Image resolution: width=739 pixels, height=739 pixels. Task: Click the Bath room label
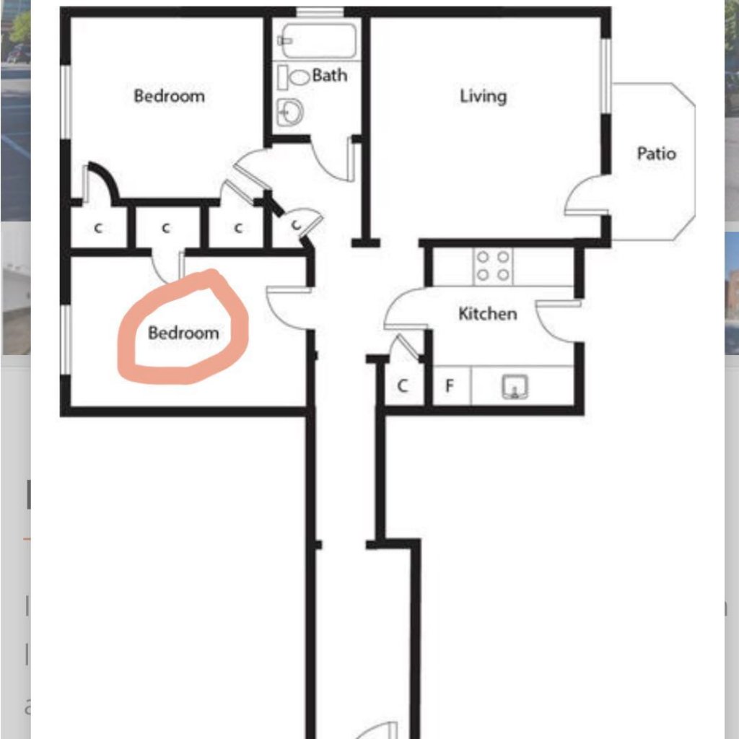(329, 75)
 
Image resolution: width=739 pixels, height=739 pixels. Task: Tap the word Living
(483, 96)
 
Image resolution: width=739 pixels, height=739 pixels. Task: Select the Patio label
(656, 153)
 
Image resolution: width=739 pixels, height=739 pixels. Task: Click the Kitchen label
(487, 313)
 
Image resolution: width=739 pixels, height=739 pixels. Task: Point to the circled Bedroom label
(183, 333)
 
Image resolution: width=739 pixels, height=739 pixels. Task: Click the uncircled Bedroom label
(169, 96)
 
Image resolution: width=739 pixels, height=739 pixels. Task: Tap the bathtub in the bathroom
(318, 40)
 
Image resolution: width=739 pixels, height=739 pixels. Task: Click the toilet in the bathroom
(294, 76)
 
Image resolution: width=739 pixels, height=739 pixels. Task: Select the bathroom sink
(290, 112)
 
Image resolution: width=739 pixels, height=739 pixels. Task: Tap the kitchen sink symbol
(515, 387)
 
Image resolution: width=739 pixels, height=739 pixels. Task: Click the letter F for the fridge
(449, 386)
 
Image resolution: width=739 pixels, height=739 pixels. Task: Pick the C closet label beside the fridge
(402, 386)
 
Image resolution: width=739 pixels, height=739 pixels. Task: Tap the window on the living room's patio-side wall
(606, 76)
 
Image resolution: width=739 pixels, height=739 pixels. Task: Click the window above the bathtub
(320, 12)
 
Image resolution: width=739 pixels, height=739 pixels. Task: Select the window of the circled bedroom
(66, 340)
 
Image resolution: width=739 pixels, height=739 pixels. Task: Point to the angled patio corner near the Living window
(683, 94)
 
